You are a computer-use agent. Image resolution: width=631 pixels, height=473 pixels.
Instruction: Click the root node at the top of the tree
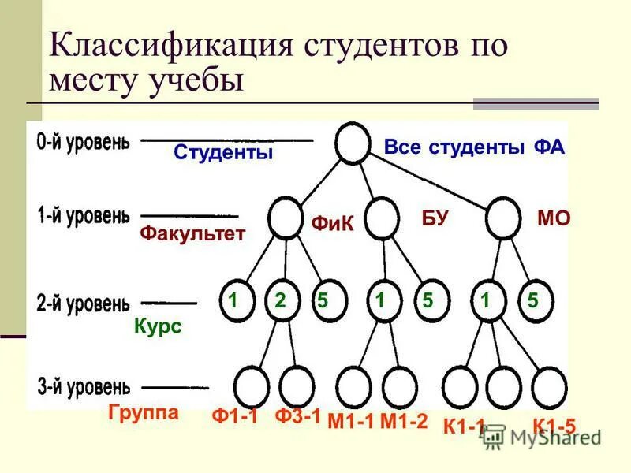pyautogui.click(x=352, y=145)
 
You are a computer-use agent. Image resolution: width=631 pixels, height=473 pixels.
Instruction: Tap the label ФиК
pyautogui.click(x=331, y=225)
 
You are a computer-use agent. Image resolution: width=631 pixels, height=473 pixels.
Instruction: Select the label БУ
pyautogui.click(x=435, y=219)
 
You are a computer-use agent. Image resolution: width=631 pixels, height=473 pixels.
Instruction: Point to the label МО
pyautogui.click(x=553, y=219)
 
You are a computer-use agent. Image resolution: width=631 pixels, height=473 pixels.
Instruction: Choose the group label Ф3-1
pyautogui.click(x=297, y=416)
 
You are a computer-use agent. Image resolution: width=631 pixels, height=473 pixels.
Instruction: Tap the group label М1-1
pyautogui.click(x=349, y=422)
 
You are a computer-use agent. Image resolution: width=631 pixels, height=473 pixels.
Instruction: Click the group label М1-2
pyautogui.click(x=403, y=422)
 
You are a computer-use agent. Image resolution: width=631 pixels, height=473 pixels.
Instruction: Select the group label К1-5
pyautogui.click(x=554, y=426)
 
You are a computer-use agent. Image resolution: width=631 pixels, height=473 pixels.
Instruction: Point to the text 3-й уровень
pyautogui.click(x=83, y=386)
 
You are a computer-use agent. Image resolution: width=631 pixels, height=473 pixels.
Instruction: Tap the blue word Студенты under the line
pyautogui.click(x=223, y=152)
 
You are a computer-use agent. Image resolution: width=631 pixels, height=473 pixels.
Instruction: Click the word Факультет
pyautogui.click(x=192, y=233)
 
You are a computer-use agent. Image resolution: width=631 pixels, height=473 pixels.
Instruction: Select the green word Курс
pyautogui.click(x=158, y=326)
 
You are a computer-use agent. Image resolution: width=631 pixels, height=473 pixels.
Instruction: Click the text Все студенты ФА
pyautogui.click(x=475, y=147)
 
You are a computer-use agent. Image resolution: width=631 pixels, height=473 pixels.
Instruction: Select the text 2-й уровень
pyautogui.click(x=83, y=302)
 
